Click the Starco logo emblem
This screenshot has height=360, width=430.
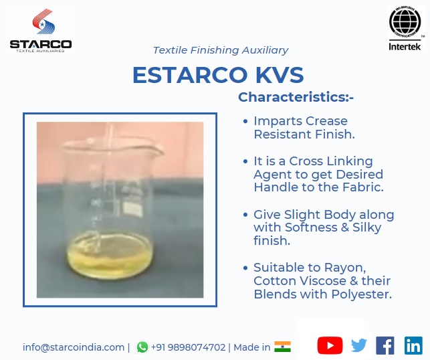tap(43, 21)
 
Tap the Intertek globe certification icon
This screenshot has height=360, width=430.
tap(405, 22)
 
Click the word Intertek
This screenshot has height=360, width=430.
tap(405, 46)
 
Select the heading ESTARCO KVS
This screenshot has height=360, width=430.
tap(218, 75)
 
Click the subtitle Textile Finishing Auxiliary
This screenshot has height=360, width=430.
tap(221, 50)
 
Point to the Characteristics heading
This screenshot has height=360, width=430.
tap(296, 97)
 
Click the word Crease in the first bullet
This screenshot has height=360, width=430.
tap(326, 121)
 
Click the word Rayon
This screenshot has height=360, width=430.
tap(345, 268)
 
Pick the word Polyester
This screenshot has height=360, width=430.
tap(361, 294)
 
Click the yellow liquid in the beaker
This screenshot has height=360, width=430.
tap(110, 258)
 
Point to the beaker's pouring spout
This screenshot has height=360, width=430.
tap(158, 149)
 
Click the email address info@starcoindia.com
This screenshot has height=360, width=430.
tap(74, 347)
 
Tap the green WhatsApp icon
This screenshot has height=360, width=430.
tap(142, 347)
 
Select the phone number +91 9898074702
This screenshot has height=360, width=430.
tap(188, 347)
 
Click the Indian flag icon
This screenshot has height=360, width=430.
tap(282, 347)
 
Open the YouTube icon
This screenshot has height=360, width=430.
tap(330, 345)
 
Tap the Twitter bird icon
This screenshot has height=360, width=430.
tap(359, 345)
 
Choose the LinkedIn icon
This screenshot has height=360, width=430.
tap(413, 345)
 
